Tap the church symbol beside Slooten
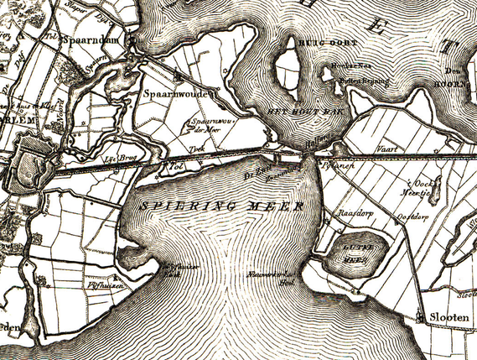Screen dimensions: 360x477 [420, 317]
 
